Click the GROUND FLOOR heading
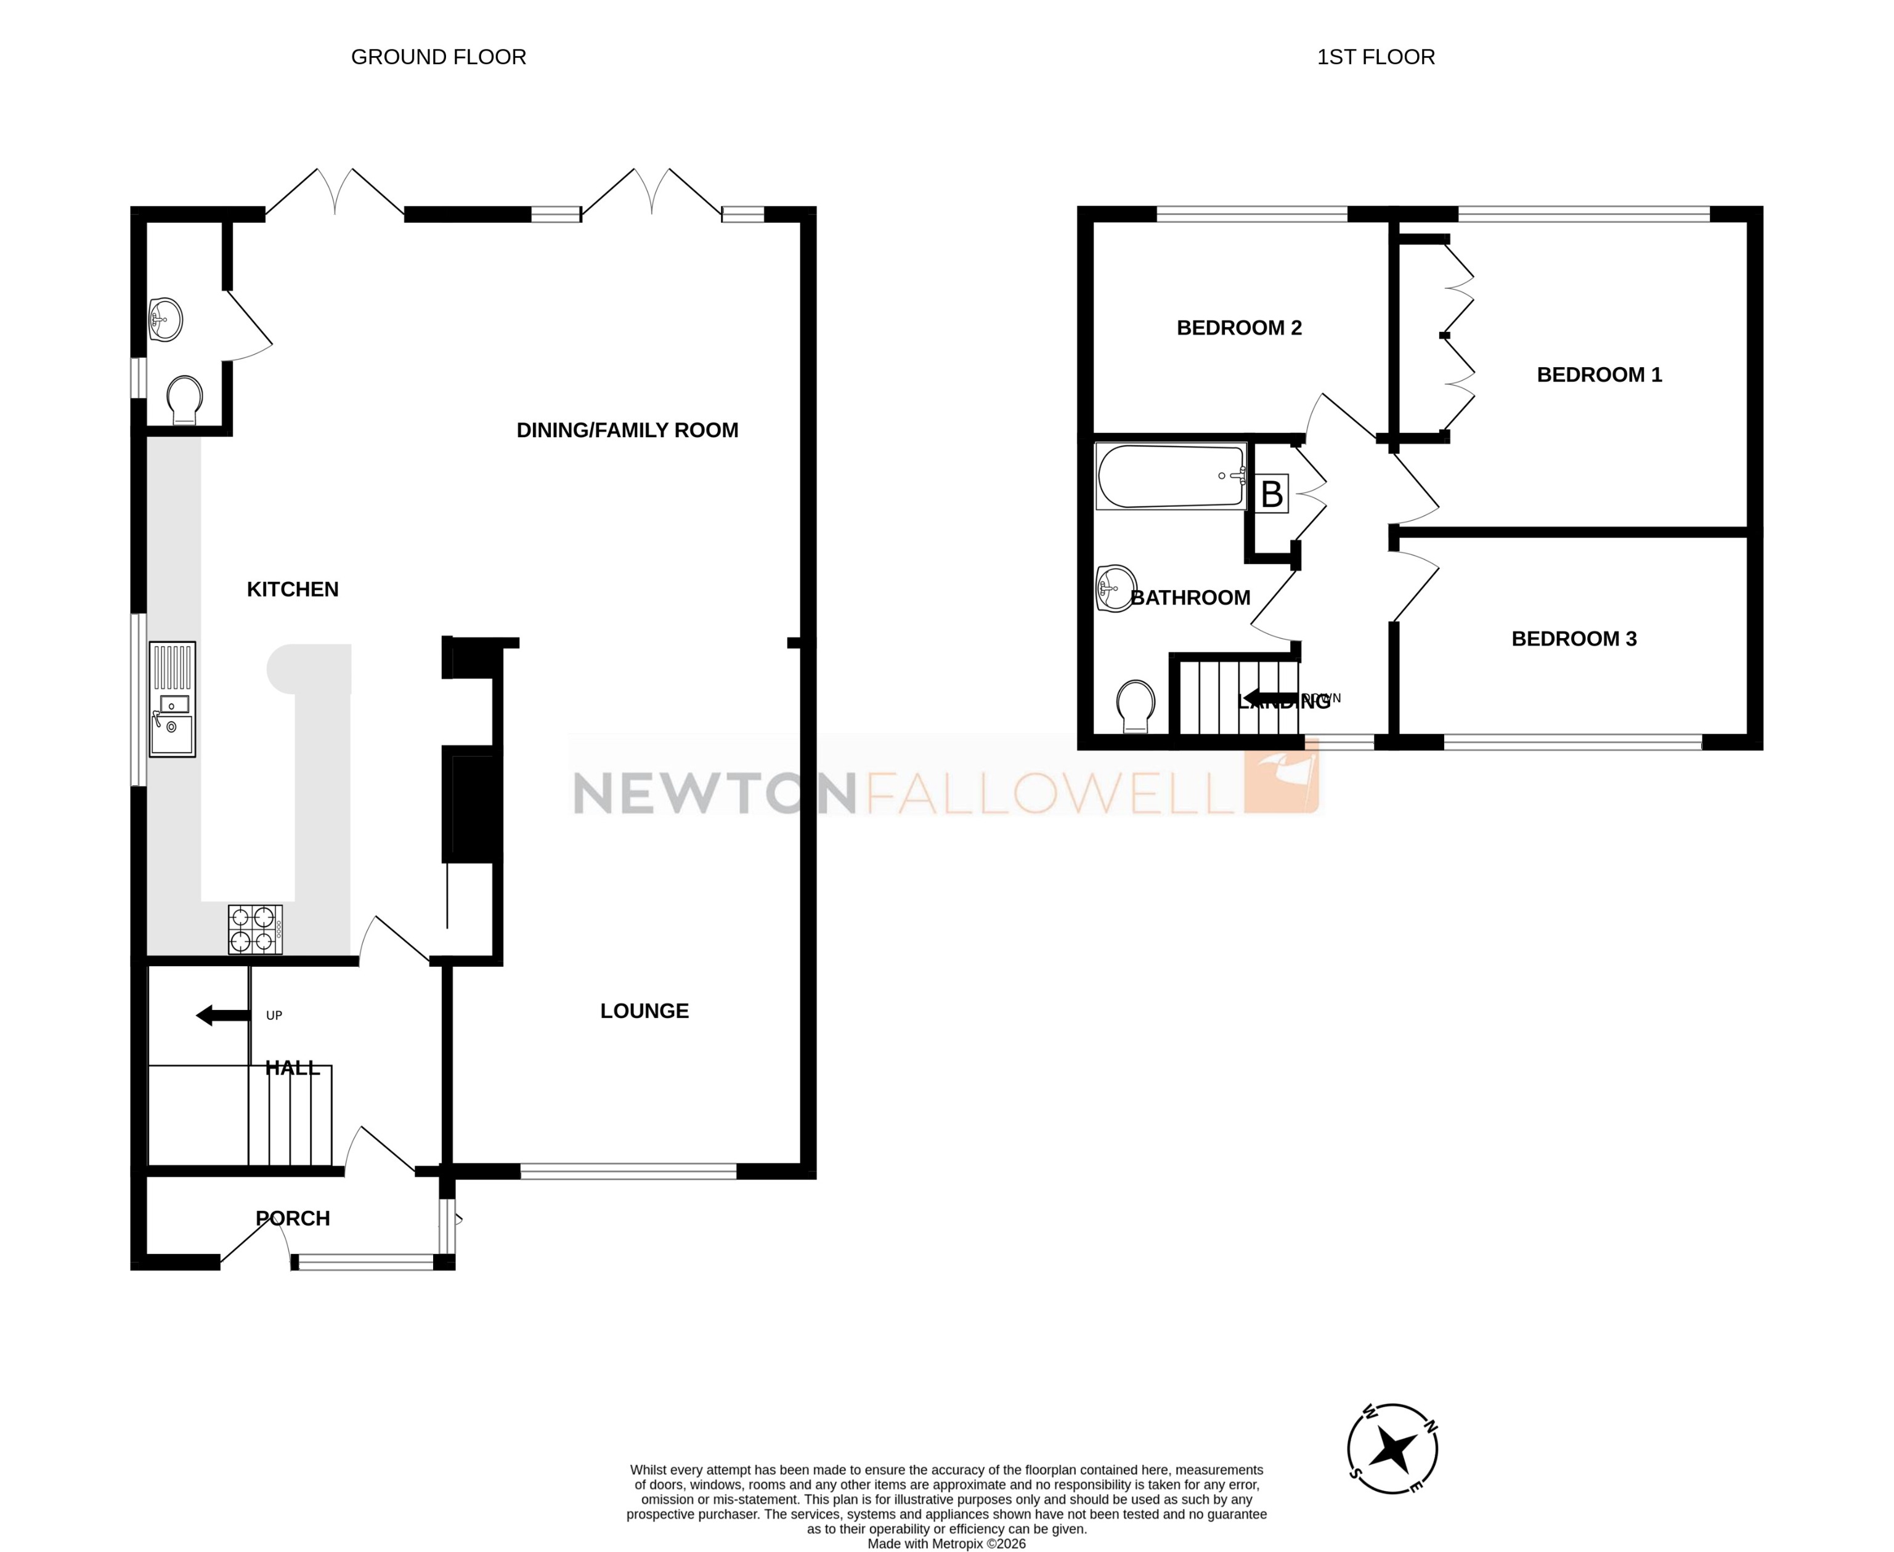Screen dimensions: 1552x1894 click(438, 57)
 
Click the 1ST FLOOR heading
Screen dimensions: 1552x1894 click(1375, 57)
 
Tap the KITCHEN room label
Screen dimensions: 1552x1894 click(293, 589)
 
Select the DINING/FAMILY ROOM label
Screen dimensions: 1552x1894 click(627, 430)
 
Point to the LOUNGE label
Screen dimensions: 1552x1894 click(644, 1011)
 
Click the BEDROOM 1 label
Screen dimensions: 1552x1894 click(1599, 374)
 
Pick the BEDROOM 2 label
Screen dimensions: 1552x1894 click(1238, 328)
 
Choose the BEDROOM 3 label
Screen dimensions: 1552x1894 click(1574, 638)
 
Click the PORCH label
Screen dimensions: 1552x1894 click(293, 1218)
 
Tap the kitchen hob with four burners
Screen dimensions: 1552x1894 click(255, 930)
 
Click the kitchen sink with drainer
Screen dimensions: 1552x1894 click(172, 699)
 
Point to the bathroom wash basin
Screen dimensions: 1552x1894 click(1114, 588)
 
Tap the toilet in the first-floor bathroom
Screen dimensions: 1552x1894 click(1136, 705)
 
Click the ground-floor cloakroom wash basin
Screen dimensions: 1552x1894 click(166, 319)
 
